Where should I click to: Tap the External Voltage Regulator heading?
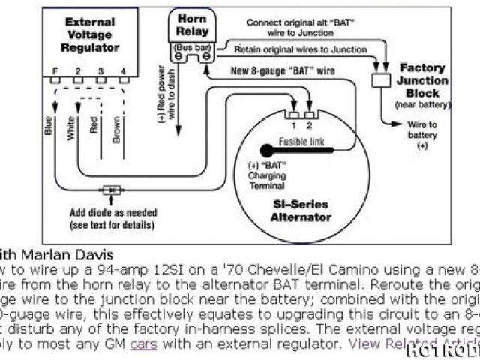tap(90, 35)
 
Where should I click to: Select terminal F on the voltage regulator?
tap(54, 71)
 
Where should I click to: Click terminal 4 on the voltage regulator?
tap(123, 71)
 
